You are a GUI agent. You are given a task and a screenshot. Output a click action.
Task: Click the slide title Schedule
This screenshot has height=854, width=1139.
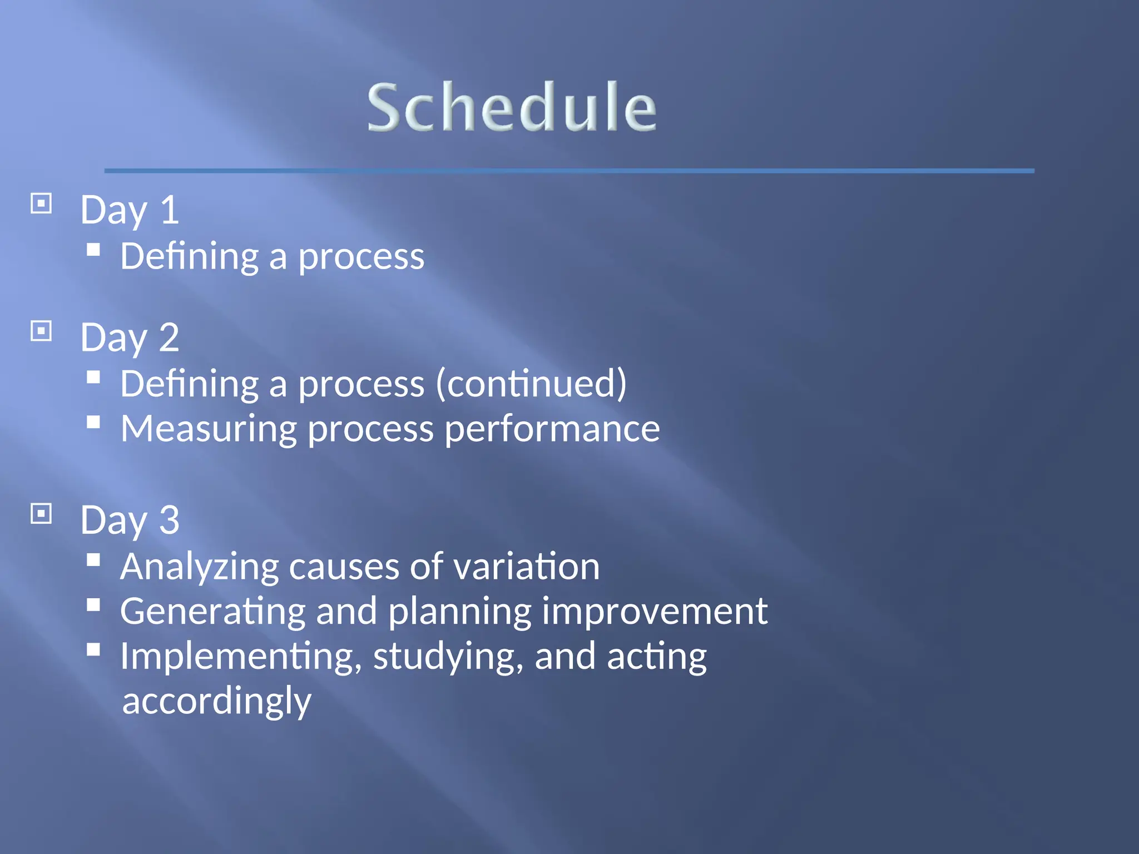tap(512, 107)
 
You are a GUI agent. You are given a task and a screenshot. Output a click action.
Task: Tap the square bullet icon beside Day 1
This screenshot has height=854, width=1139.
tap(41, 203)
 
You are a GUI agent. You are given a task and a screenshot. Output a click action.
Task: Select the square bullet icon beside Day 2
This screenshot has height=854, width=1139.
tap(41, 331)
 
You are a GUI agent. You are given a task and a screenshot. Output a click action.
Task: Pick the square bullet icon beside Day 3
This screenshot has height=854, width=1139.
tap(41, 514)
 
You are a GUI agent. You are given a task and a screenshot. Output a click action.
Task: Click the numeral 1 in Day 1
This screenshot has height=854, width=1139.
tap(169, 210)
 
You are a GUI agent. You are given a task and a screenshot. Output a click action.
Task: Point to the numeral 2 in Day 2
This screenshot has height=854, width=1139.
tap(169, 337)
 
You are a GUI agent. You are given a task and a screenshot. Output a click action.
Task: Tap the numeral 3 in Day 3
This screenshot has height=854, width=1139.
tap(169, 520)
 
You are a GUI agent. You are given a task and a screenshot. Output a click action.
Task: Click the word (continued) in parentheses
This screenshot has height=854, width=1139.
tap(531, 384)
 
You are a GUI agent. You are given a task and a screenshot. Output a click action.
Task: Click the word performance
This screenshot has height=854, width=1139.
tap(552, 429)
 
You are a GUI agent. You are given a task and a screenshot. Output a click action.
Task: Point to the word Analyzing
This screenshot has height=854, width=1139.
tap(199, 567)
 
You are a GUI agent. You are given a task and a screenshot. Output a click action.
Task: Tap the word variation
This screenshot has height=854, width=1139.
tap(526, 567)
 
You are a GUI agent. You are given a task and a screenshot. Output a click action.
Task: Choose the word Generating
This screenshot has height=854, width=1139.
tap(212, 612)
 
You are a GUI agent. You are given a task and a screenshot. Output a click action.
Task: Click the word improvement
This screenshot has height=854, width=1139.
tap(655, 612)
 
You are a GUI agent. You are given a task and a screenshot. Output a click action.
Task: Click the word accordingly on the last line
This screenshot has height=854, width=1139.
tap(216, 701)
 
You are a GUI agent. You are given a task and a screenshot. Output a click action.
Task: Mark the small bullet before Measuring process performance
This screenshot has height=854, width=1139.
tap(93, 423)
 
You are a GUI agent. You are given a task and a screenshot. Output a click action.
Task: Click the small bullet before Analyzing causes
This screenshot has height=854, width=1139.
tap(93, 560)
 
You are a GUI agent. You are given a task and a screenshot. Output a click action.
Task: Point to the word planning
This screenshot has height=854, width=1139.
tap(459, 612)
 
